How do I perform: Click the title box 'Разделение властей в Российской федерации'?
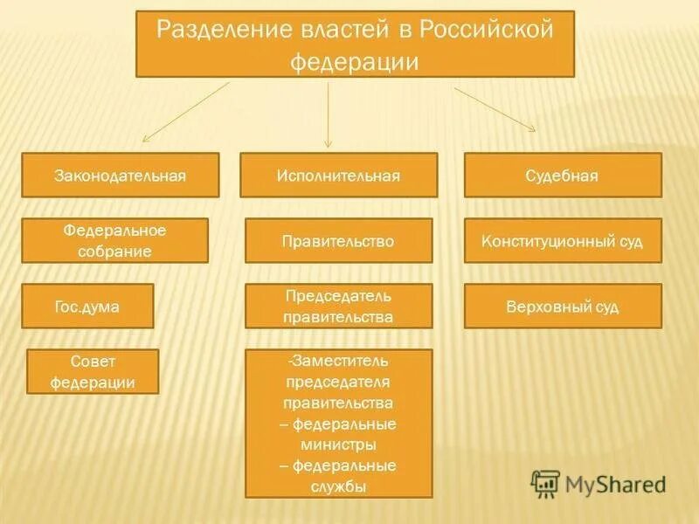tap(355, 44)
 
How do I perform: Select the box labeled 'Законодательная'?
tap(121, 175)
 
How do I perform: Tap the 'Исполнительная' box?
tap(338, 175)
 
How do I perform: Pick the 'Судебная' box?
tap(562, 175)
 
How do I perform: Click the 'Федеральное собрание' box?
tap(114, 240)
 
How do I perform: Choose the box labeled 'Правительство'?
tap(338, 240)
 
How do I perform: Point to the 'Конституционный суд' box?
tap(562, 240)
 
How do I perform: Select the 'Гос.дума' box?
tap(87, 306)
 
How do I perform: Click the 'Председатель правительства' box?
tap(338, 306)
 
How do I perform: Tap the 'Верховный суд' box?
tap(562, 306)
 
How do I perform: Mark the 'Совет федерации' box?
tap(93, 371)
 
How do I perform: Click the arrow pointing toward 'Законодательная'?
tap(185, 112)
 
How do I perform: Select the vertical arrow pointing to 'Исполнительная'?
tap(329, 114)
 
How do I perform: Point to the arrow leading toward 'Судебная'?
tap(495, 109)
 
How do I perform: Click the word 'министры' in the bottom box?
tap(338, 445)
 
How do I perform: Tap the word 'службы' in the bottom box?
tap(338, 486)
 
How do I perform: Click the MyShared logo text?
tap(615, 484)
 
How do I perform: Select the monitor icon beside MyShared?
tap(545, 483)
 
